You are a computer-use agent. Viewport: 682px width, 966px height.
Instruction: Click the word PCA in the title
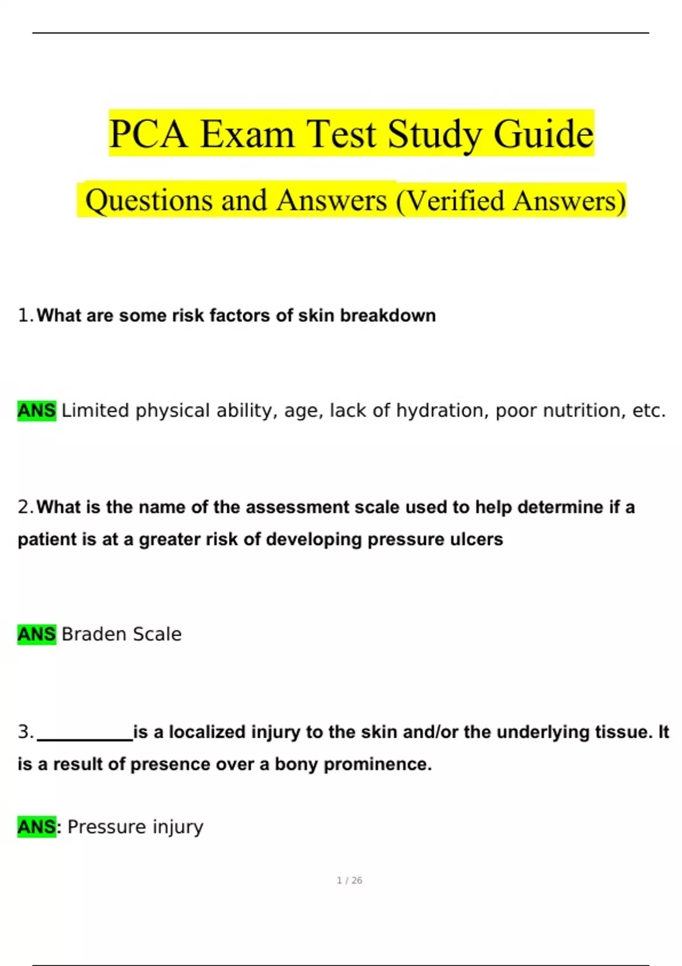coord(148,134)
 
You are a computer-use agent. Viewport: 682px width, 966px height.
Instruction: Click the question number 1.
coord(25,315)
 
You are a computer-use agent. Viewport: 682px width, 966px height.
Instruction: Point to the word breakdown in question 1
coord(388,315)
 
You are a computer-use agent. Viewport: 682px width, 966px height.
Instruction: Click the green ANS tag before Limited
coord(36,410)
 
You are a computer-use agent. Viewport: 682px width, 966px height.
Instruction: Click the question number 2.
coord(25,507)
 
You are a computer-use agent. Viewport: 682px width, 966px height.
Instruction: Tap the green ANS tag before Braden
coord(36,634)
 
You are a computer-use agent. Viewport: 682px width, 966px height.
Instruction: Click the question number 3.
coord(25,732)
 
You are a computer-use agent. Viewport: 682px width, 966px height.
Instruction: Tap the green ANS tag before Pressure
coord(36,827)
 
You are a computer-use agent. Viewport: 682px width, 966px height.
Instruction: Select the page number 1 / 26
coord(349,880)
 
